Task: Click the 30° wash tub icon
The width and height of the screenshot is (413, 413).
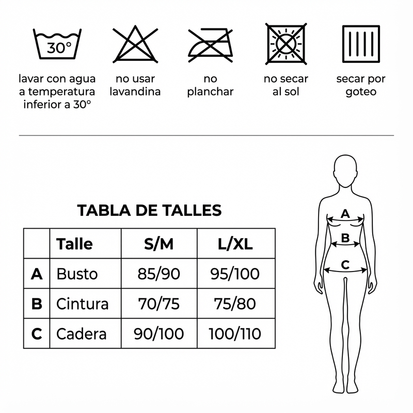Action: (x=57, y=44)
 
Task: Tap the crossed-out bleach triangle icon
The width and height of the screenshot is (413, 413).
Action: (x=135, y=44)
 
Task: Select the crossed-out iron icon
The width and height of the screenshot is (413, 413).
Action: (x=211, y=45)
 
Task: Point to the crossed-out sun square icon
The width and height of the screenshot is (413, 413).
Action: (x=286, y=44)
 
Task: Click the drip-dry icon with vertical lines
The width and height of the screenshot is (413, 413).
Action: (x=361, y=44)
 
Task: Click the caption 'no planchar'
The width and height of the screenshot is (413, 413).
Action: (x=211, y=85)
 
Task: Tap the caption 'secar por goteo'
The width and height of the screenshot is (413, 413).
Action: (x=361, y=85)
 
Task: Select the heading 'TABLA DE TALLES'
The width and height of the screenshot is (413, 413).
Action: (x=149, y=210)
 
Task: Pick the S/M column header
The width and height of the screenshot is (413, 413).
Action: (x=159, y=244)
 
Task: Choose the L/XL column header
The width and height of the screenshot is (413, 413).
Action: (x=235, y=244)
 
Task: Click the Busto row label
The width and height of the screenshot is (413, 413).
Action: (x=77, y=274)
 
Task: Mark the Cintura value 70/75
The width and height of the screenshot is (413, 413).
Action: (x=159, y=304)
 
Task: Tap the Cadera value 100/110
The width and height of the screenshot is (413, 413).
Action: (x=235, y=333)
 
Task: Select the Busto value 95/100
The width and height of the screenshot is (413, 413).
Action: (x=235, y=274)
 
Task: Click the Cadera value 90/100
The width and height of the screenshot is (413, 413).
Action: (x=159, y=333)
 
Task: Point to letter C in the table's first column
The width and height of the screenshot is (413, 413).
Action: (x=37, y=333)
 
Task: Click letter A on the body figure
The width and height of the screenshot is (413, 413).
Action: (x=345, y=214)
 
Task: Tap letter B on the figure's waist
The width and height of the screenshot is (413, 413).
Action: (x=345, y=238)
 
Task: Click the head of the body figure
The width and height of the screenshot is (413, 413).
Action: (x=345, y=171)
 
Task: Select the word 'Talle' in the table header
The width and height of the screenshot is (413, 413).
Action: (x=74, y=244)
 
